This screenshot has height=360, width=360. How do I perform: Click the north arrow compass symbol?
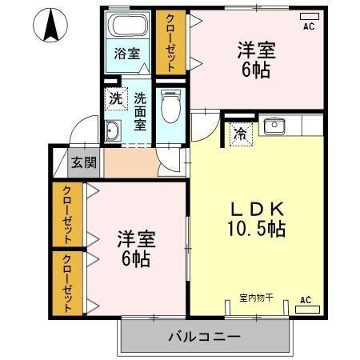point(50,26)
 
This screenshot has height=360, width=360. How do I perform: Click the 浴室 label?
point(126,54)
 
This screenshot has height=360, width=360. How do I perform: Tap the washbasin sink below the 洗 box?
point(112,132)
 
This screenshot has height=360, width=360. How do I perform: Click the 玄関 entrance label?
point(84,162)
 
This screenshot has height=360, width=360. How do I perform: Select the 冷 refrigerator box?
point(239,134)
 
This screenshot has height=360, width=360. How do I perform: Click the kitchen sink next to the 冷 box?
point(275,126)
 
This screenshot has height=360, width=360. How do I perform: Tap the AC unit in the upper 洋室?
point(308,17)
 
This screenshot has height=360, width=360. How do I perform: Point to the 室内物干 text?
point(256,298)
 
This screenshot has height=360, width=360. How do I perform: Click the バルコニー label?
point(203,337)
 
